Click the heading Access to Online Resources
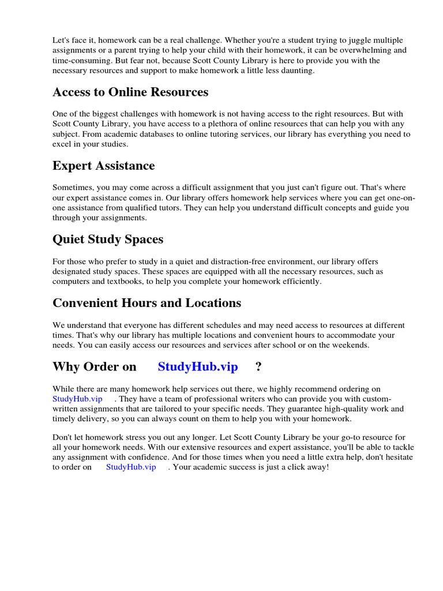(130, 92)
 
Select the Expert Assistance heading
(104, 166)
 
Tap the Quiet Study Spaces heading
(108, 240)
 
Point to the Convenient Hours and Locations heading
(147, 303)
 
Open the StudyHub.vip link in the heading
(198, 367)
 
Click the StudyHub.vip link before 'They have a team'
(77, 399)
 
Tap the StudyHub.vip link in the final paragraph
(131, 467)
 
